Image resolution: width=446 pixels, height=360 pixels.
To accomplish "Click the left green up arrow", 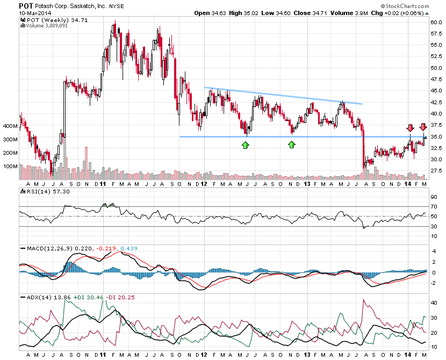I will [x=245, y=145].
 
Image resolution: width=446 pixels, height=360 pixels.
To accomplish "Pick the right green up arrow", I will [x=292, y=145].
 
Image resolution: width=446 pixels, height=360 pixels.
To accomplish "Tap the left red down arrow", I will [x=410, y=127].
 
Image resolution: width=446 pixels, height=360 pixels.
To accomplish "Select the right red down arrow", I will [x=423, y=127].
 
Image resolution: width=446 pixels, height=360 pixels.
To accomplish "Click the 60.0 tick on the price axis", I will [x=435, y=22].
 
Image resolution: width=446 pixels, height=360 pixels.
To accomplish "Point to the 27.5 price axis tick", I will [x=435, y=171].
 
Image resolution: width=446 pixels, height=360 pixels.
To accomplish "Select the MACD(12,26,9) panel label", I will [x=43, y=248].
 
